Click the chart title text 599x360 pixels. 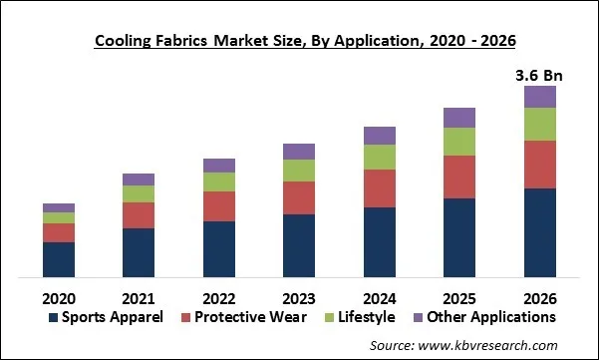click(x=299, y=41)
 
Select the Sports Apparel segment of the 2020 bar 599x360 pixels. click(x=59, y=259)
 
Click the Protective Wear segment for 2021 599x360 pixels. click(x=139, y=215)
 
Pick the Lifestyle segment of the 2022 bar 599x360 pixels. click(x=218, y=181)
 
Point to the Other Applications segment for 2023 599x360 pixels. click(x=299, y=152)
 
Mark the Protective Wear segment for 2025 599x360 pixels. click(x=459, y=177)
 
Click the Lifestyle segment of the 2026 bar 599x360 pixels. click(x=539, y=124)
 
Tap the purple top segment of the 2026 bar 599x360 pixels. click(x=539, y=97)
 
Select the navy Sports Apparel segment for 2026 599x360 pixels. click(x=539, y=232)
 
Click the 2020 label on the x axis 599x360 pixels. click(x=59, y=297)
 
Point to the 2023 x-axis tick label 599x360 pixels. click(x=299, y=297)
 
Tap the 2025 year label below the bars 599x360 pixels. click(x=459, y=297)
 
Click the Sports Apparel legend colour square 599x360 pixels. click(x=53, y=318)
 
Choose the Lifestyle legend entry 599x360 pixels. click(x=360, y=317)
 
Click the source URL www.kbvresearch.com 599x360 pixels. click(x=487, y=344)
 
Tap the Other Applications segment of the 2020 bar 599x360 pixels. click(x=59, y=207)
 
